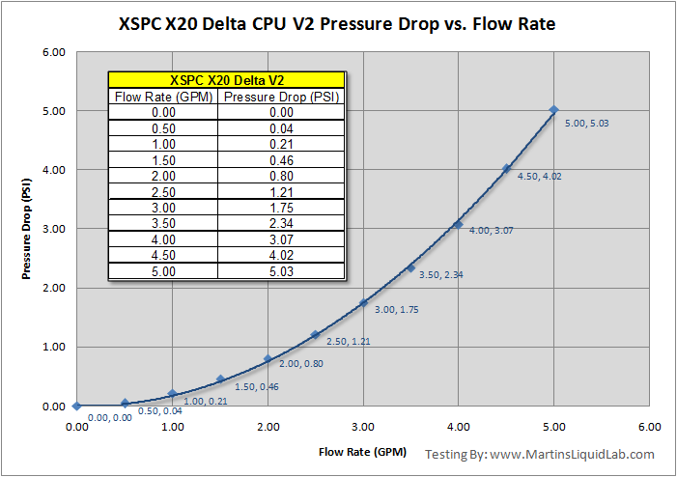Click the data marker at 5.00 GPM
[x=553, y=110]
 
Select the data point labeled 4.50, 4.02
[x=506, y=168]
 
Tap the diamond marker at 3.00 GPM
[x=363, y=302]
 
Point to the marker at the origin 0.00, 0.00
[x=76, y=406]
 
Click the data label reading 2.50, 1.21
[x=349, y=342]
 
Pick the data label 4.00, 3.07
[x=492, y=231]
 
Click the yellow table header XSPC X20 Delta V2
[x=224, y=80]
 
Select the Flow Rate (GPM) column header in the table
[x=162, y=98]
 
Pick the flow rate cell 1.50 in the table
[x=162, y=158]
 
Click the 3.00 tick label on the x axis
[x=363, y=425]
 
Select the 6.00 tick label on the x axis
[x=649, y=425]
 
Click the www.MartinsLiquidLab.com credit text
[x=572, y=454]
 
